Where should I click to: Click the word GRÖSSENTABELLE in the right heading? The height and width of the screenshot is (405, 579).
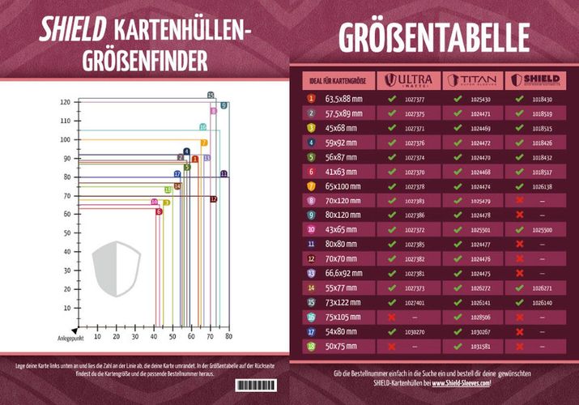click(x=433, y=36)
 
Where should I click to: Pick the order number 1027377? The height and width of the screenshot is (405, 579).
click(x=414, y=99)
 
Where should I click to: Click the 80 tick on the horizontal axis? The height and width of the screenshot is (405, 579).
click(x=228, y=335)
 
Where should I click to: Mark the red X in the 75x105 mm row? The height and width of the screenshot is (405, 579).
click(x=391, y=318)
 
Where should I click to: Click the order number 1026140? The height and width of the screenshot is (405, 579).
click(x=543, y=303)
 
